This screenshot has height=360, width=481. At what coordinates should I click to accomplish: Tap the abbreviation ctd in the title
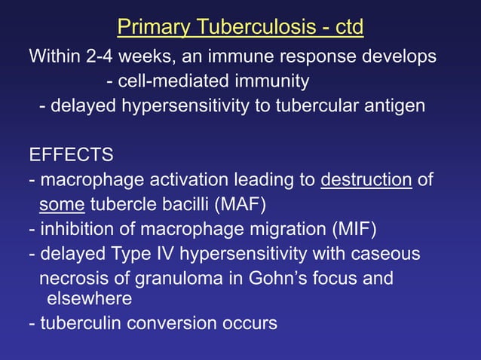348,29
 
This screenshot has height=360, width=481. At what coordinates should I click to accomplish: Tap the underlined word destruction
366,181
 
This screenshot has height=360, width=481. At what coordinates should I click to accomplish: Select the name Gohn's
263,278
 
